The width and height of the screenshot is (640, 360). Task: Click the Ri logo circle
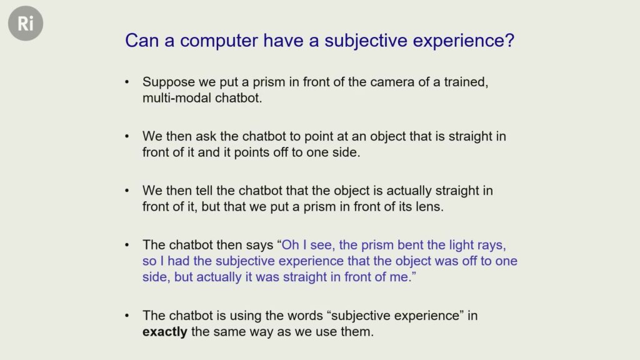coord(25,23)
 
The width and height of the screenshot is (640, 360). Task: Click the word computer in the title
coord(219,41)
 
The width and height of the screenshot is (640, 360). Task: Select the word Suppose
coord(169,82)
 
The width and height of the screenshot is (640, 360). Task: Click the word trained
coord(466,82)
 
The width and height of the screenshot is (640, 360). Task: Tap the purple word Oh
coord(291,245)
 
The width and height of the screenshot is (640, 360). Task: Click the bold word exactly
coord(165,332)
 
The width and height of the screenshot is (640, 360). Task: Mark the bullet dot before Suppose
coord(127,82)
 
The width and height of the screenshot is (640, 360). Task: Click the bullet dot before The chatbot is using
coord(127,316)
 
